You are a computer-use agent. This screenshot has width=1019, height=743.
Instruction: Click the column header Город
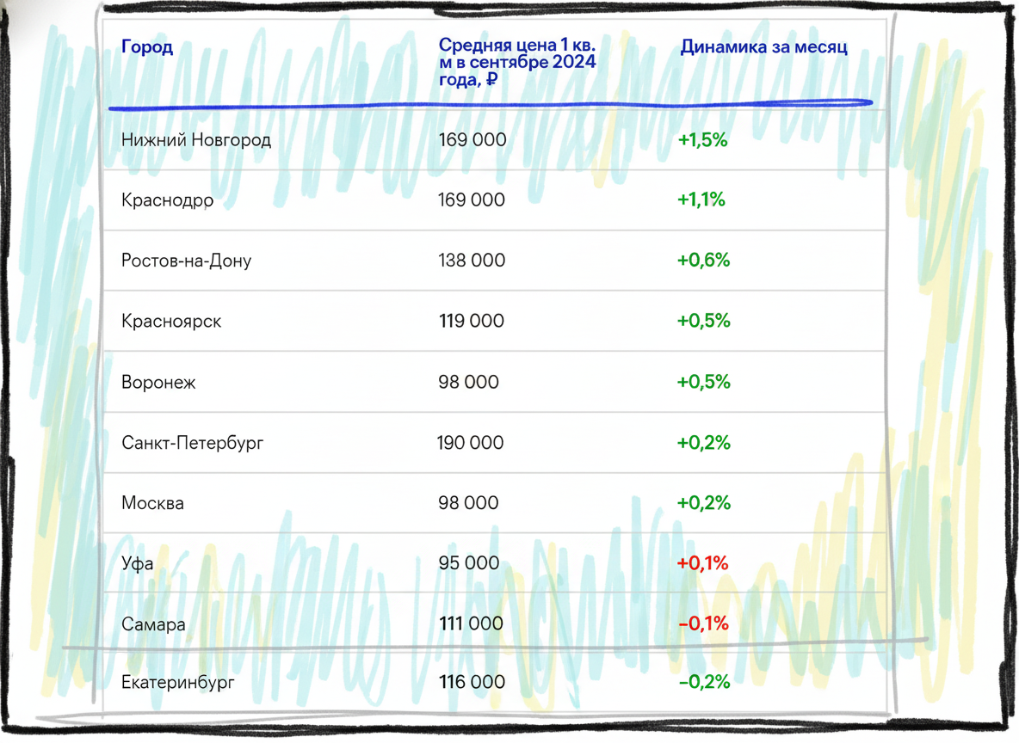click(x=147, y=47)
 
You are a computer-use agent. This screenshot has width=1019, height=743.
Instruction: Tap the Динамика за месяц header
click(x=763, y=47)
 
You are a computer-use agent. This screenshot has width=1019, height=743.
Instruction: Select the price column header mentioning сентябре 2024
click(x=517, y=63)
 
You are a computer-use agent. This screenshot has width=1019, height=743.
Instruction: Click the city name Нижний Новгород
click(x=195, y=140)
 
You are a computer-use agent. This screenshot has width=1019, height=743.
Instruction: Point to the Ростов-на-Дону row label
click(x=186, y=261)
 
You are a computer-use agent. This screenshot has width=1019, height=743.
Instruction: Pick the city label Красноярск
click(x=171, y=322)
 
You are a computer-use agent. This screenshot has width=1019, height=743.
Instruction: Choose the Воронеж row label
click(x=157, y=383)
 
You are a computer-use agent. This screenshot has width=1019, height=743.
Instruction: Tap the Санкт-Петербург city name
click(x=193, y=443)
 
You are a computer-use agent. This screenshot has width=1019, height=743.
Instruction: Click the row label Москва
click(x=152, y=503)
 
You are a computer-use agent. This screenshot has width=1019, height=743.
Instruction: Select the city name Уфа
click(x=137, y=563)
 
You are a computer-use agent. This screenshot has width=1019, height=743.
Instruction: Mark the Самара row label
click(x=153, y=624)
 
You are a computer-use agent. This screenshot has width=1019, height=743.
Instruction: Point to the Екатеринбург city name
click(x=177, y=683)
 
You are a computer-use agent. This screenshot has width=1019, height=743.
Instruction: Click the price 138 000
click(x=471, y=261)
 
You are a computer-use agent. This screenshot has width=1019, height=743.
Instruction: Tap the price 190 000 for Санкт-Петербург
click(x=470, y=443)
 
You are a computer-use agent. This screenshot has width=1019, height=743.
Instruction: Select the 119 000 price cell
click(x=471, y=321)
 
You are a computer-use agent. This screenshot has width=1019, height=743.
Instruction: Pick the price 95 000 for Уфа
click(x=468, y=563)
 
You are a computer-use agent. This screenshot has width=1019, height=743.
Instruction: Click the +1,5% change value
click(x=702, y=140)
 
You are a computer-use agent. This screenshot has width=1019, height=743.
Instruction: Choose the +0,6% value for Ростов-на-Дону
click(x=703, y=261)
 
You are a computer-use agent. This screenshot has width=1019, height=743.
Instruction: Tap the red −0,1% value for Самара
click(x=703, y=624)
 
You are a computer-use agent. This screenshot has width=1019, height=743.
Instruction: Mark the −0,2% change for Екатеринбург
click(x=704, y=682)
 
